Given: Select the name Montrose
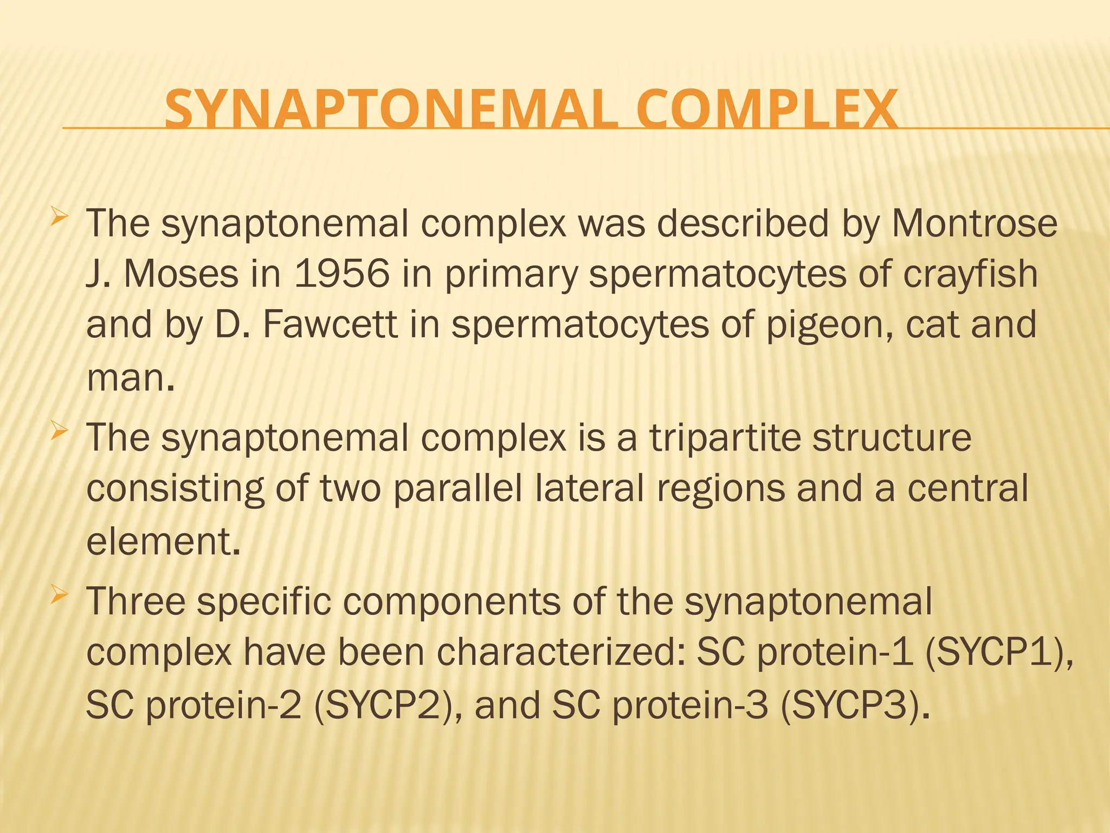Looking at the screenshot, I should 974,223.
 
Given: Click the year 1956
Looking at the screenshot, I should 342,273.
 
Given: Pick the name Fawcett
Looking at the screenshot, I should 330,324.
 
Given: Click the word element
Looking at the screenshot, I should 162,541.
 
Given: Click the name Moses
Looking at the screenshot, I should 181,273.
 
